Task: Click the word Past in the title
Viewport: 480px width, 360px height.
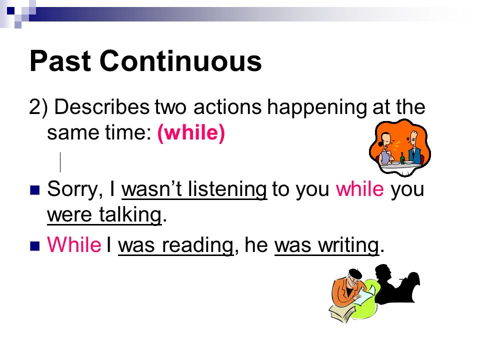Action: click(x=60, y=61)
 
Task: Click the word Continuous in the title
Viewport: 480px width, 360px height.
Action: click(x=180, y=61)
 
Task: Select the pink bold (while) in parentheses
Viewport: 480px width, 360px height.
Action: click(x=191, y=132)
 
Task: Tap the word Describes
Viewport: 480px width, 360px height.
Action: click(x=102, y=107)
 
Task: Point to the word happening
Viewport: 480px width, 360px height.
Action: click(x=316, y=108)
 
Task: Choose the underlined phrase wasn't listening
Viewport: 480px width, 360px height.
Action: click(x=194, y=190)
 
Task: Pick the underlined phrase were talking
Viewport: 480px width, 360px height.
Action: click(x=104, y=215)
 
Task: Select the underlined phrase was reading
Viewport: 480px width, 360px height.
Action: click(x=175, y=246)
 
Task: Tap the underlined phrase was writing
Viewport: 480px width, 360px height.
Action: click(x=326, y=246)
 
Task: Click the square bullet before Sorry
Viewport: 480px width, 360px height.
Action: click(x=35, y=190)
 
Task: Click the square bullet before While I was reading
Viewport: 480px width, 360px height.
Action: click(x=35, y=246)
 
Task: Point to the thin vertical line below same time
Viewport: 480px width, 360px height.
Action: click(x=60, y=162)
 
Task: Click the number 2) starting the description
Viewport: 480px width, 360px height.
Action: click(x=38, y=107)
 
